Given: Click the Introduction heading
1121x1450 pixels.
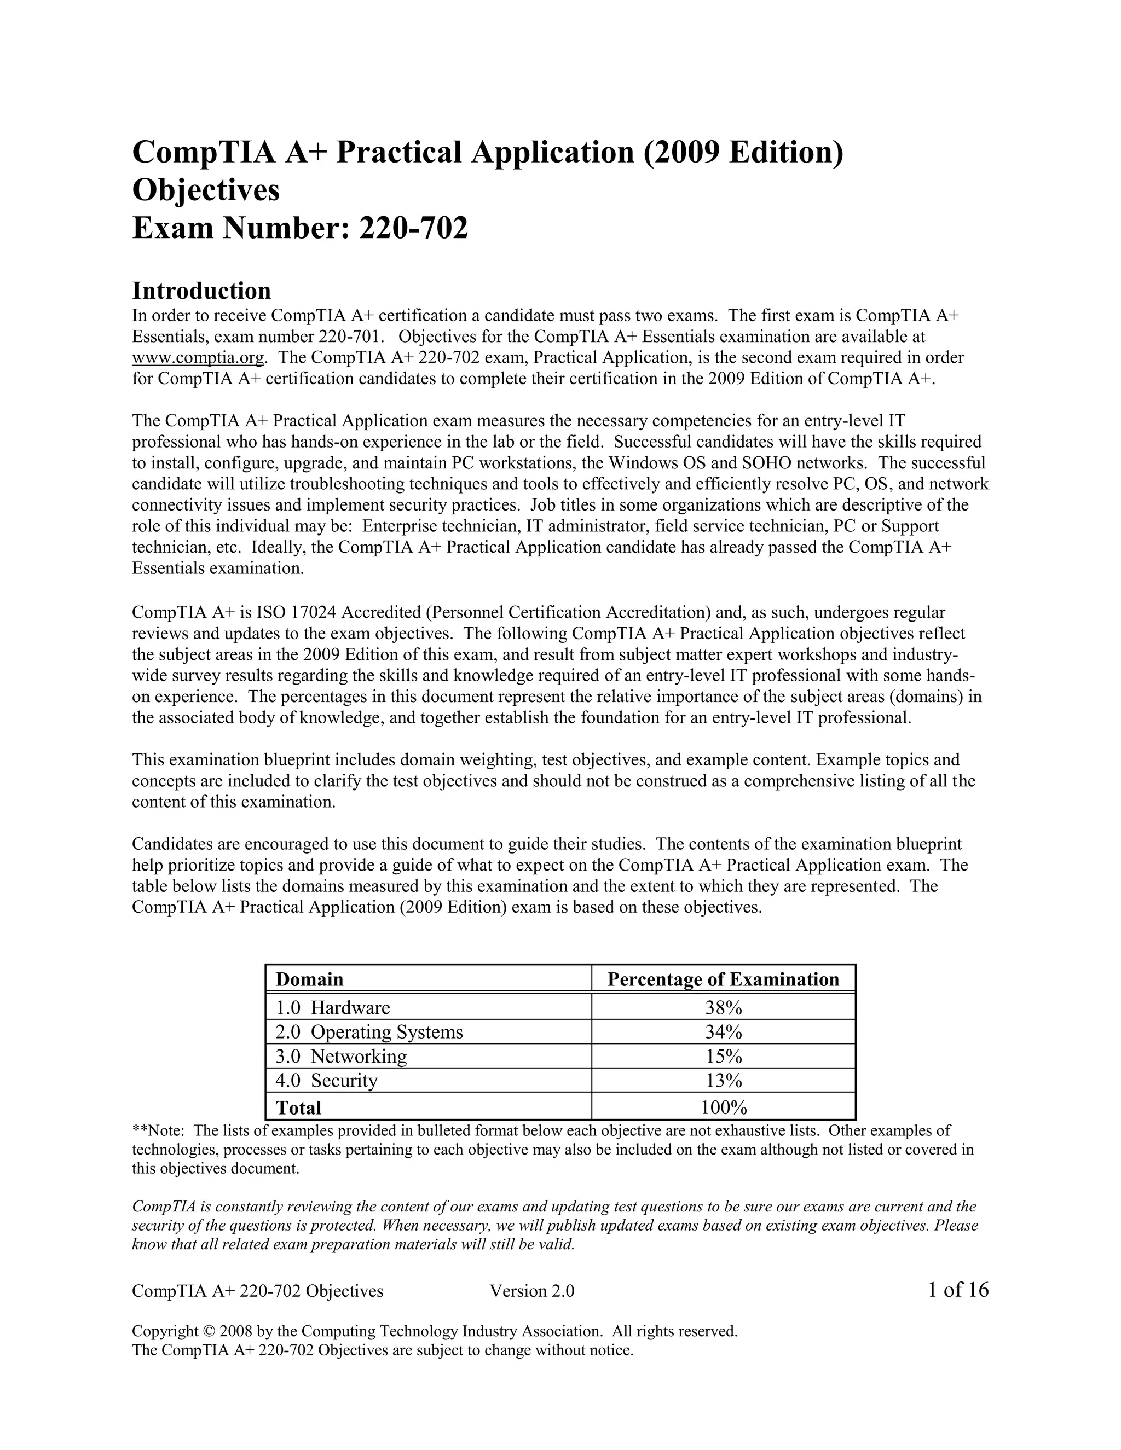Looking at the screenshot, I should click(201, 291).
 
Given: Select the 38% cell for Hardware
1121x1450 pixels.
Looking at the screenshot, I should click(723, 1008).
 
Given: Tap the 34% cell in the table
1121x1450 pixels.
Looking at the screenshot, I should click(723, 1032).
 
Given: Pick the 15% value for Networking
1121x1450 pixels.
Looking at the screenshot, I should click(723, 1056).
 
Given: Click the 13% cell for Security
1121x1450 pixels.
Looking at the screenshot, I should click(723, 1081).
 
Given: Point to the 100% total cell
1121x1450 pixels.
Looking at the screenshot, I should click(723, 1107).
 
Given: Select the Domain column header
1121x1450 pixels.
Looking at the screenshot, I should click(309, 979).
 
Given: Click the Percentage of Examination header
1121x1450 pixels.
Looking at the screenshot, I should click(723, 979).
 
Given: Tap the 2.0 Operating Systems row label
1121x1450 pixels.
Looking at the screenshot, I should click(369, 1032).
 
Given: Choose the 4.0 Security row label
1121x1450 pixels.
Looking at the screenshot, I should click(326, 1081).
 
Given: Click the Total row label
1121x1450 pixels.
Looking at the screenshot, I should click(298, 1107).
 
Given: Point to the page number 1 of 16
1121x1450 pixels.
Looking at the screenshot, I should click(958, 1290).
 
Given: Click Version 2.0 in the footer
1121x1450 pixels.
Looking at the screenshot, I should click(531, 1291).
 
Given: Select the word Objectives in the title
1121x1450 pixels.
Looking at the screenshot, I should click(206, 190).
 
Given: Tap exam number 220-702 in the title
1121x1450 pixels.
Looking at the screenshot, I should click(413, 228).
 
